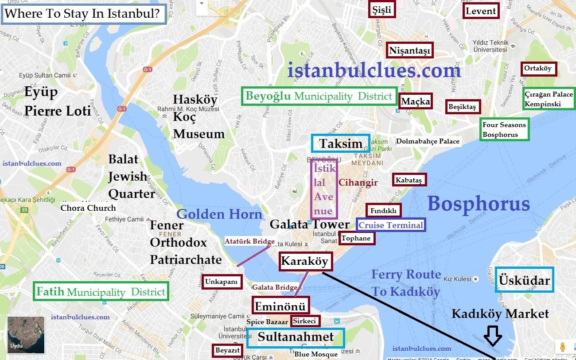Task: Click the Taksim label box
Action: coord(340,143)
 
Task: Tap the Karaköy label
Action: coord(305,261)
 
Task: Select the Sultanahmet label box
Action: coord(296,337)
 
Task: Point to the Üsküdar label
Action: coord(524,280)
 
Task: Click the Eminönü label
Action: coord(280,306)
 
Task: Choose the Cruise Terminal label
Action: coord(391,225)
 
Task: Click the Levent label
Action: coord(480,11)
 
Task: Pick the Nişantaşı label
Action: coord(409,50)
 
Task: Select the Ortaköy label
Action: coord(538,69)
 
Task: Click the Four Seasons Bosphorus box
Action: coord(504,130)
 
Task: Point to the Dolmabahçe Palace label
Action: coord(428,141)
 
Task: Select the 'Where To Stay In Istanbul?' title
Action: coord(84,14)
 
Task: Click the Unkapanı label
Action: coord(221,282)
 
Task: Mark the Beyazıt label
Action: coord(227,350)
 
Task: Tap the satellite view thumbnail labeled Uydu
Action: coord(26,334)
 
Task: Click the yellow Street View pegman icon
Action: coord(563,347)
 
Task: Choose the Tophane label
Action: coord(356,238)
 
